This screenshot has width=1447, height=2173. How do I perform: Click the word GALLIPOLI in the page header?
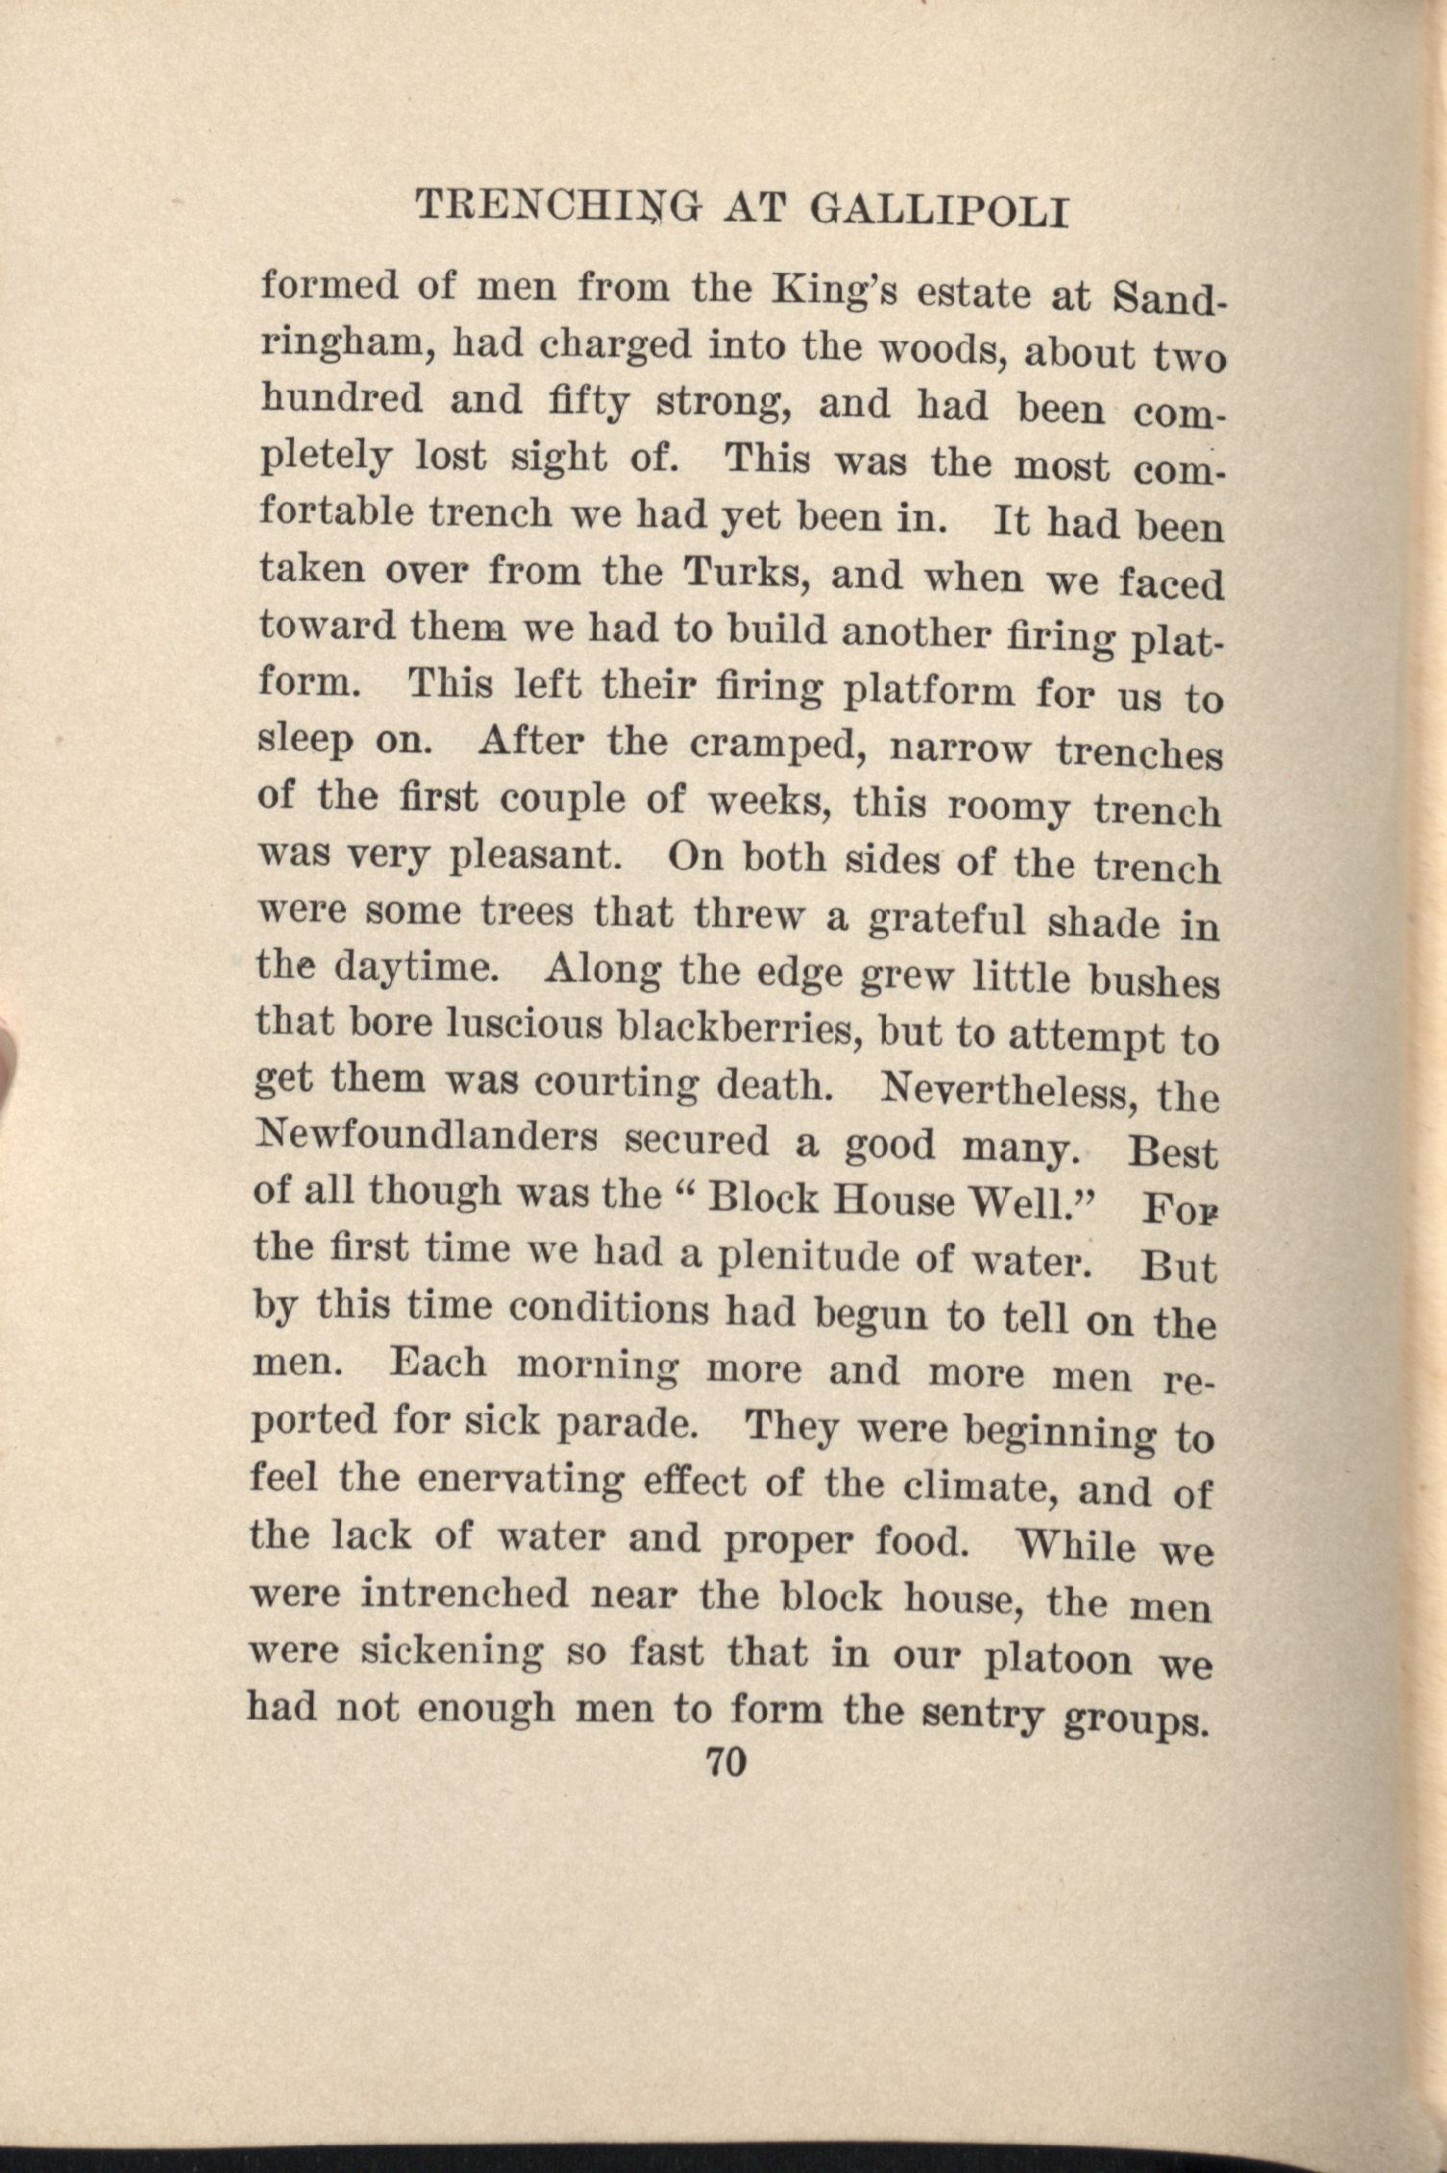point(940,211)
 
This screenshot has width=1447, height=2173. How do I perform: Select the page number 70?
point(725,1764)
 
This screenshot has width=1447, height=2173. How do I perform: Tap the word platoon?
point(1059,1659)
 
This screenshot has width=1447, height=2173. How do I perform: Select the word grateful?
point(946,919)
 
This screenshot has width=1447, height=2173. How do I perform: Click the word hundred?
point(341,398)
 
